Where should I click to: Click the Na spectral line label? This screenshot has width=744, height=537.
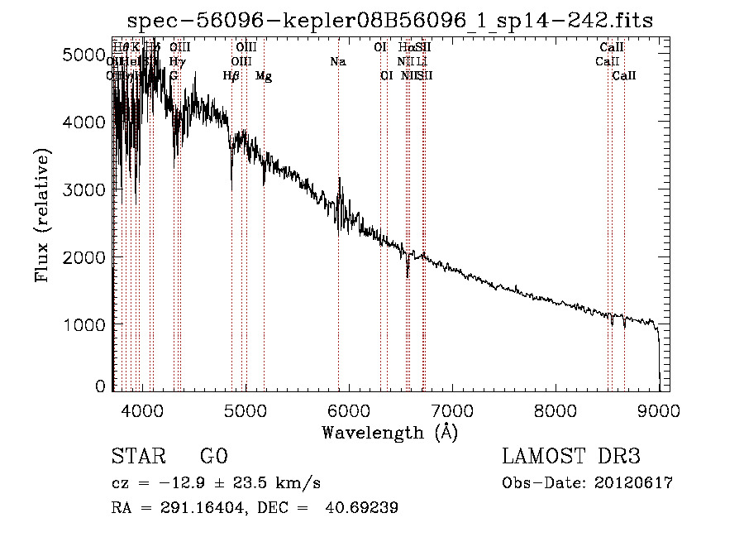click(337, 62)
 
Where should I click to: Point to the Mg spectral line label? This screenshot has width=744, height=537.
click(263, 76)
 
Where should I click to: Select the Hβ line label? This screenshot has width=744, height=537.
click(231, 76)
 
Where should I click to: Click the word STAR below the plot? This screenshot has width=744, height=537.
click(138, 457)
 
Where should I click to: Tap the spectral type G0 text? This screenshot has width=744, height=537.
click(213, 457)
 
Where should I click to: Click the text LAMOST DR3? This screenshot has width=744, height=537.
click(571, 457)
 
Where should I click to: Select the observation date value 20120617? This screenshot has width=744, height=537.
click(634, 483)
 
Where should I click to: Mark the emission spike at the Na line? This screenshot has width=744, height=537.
click(339, 179)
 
